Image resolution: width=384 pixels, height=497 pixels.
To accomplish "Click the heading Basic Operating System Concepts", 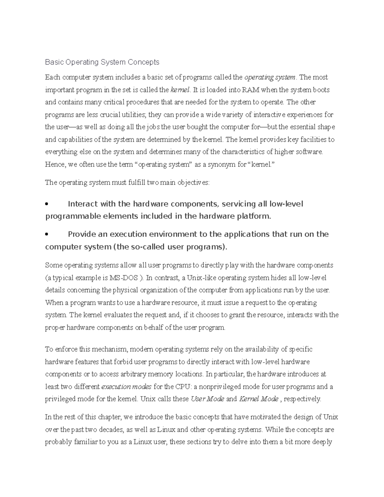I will (102, 62).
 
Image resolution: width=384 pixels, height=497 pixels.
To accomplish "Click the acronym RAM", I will (251, 90).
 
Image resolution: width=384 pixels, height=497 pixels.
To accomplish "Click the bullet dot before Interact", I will (47, 204).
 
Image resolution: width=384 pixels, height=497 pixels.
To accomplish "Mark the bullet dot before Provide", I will (47, 235).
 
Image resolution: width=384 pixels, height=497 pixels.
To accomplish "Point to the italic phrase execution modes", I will (126, 387).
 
